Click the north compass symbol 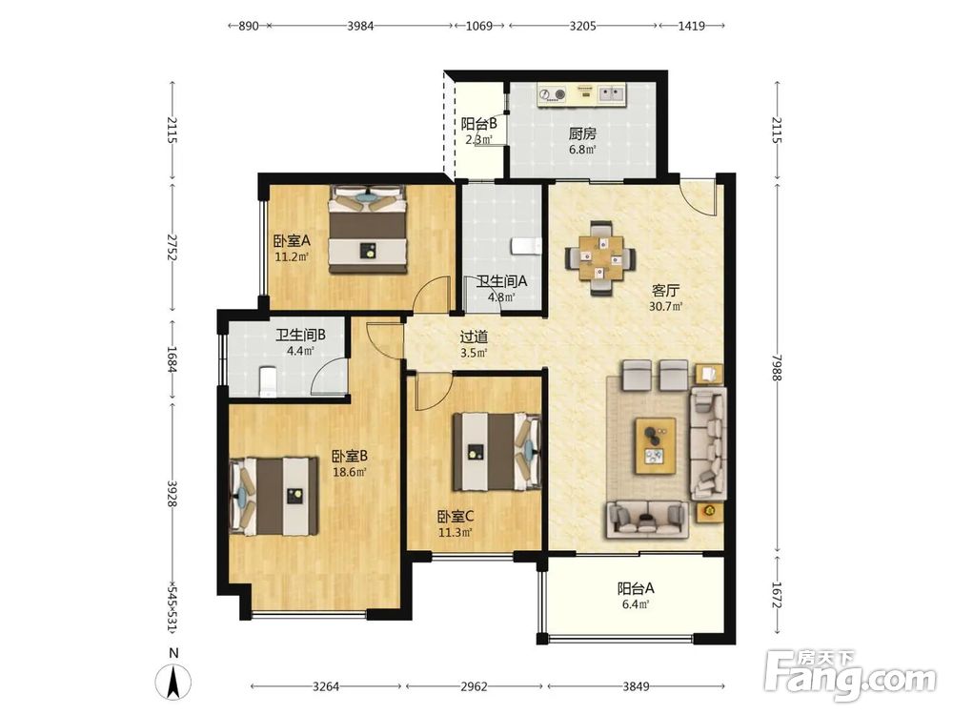click(x=173, y=682)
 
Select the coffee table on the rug click(x=656, y=445)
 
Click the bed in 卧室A click(x=368, y=229)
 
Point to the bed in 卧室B click(x=274, y=496)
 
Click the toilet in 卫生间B click(x=268, y=382)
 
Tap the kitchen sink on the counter click(x=612, y=93)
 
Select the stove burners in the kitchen click(x=553, y=94)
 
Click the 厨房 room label click(x=582, y=133)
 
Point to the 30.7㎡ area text click(x=665, y=306)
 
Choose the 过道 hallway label click(x=474, y=337)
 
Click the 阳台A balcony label click(x=636, y=588)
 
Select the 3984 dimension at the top click(x=360, y=26)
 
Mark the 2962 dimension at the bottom click(x=474, y=686)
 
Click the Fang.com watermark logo click(x=850, y=676)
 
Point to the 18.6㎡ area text click(x=350, y=472)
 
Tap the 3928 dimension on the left click(x=172, y=494)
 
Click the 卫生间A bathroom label click(x=501, y=281)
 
